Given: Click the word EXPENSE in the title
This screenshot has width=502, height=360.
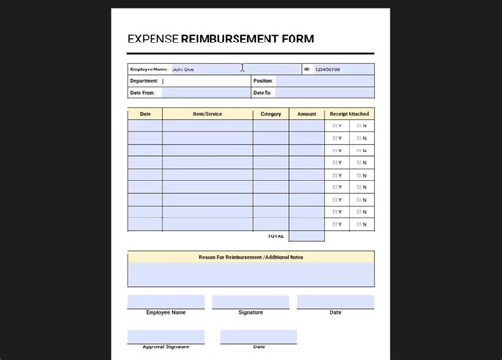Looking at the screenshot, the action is (x=153, y=40).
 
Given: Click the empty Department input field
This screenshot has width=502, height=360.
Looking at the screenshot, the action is (x=205, y=81).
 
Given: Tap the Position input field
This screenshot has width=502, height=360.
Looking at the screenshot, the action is (x=323, y=81).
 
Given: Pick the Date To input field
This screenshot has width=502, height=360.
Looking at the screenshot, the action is (x=323, y=93).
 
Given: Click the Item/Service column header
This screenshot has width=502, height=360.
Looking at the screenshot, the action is (x=207, y=114).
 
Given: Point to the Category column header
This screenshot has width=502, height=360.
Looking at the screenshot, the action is (x=270, y=114).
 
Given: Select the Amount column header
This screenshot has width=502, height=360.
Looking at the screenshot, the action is (x=306, y=114).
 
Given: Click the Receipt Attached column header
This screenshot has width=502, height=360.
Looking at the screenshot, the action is (x=349, y=114).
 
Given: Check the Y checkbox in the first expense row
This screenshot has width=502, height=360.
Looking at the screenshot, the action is (x=335, y=126).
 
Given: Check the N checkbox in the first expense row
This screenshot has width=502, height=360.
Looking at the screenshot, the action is (x=359, y=126).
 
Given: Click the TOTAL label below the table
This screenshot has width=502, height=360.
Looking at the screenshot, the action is (x=276, y=236).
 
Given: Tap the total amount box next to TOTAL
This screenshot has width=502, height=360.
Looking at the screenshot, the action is (x=306, y=236).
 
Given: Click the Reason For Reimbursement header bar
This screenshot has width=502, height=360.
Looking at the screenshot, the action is (x=250, y=257).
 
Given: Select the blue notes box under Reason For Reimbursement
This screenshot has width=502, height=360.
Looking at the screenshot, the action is (x=250, y=275).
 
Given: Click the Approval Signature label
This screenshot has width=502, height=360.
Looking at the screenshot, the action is (x=166, y=346).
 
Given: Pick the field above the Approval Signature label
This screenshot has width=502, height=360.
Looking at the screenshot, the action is (x=166, y=337).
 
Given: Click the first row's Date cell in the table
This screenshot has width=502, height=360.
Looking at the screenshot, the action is (x=145, y=126).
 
